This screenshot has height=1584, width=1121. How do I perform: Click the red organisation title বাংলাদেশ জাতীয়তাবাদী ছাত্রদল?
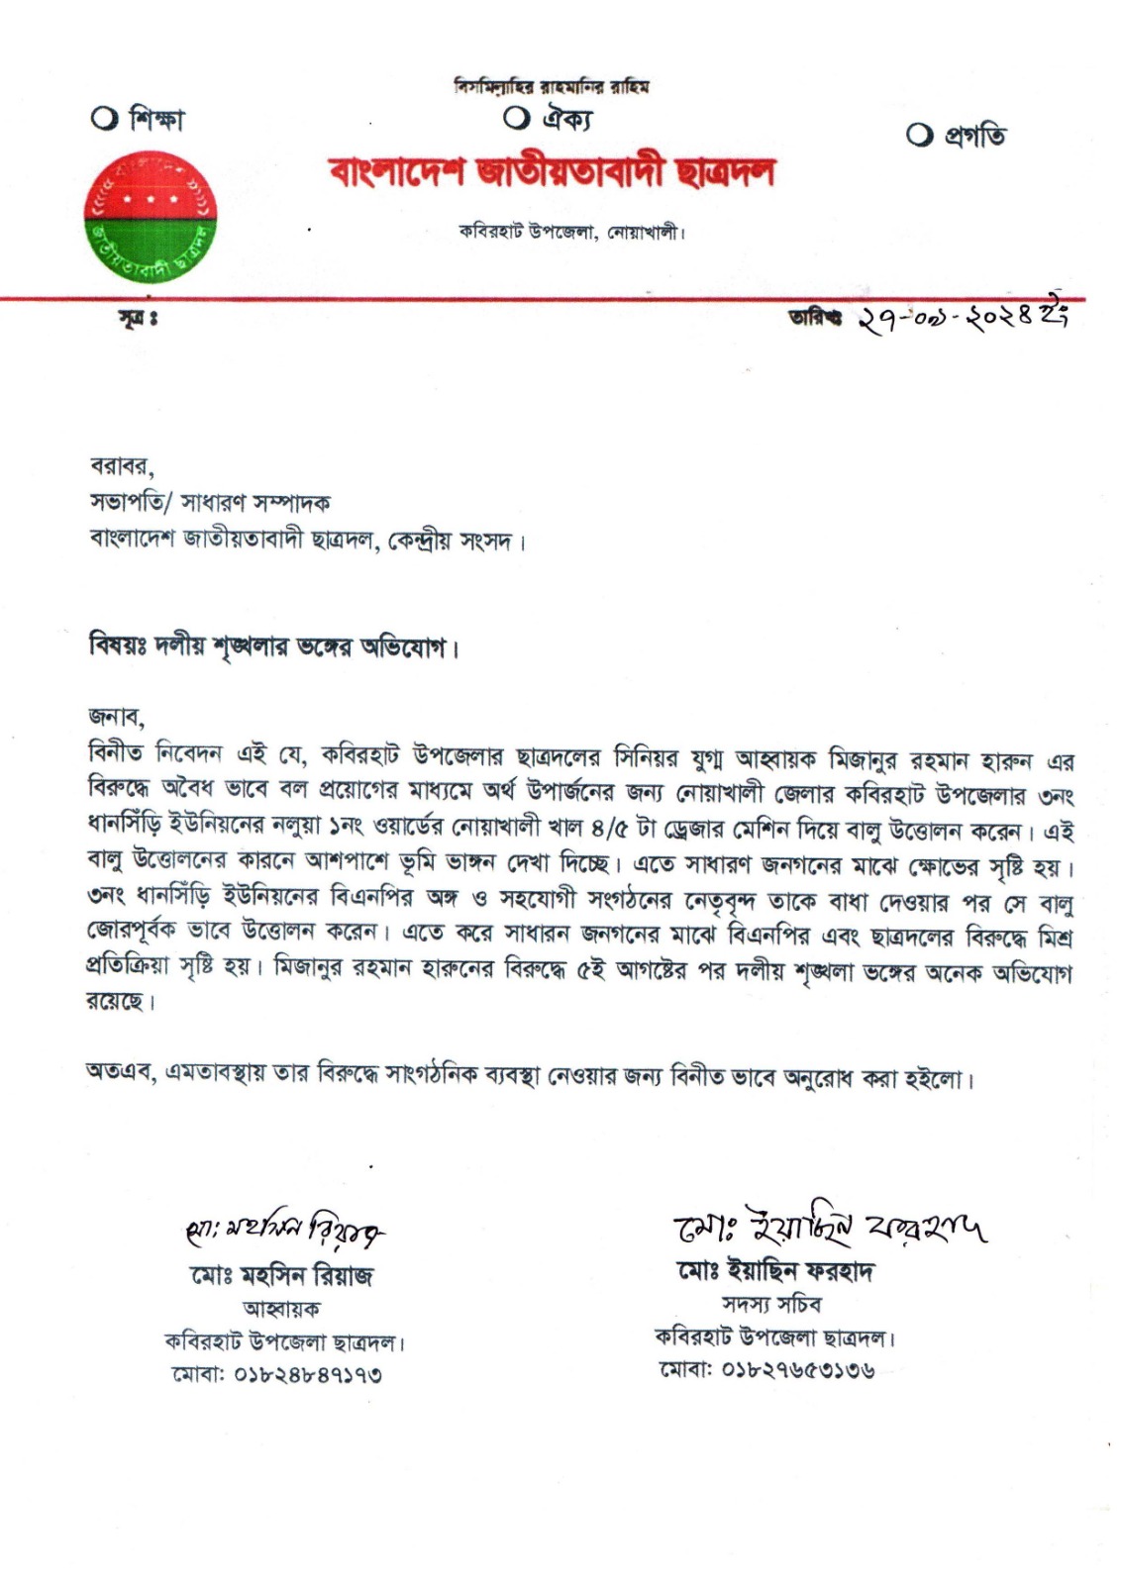click(x=553, y=172)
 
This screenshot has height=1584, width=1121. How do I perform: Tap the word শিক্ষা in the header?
click(x=156, y=120)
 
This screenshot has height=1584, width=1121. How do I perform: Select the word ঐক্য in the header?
click(x=566, y=119)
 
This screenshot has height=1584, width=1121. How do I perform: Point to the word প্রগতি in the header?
click(x=974, y=136)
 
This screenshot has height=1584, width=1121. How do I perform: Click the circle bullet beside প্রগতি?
click(x=919, y=136)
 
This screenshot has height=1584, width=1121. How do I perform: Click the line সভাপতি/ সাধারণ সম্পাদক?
click(x=210, y=503)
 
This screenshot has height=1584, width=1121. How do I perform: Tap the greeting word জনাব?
click(x=116, y=716)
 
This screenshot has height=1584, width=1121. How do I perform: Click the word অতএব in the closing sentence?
click(x=120, y=1073)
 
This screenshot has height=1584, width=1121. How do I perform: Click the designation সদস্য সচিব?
click(x=770, y=1305)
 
